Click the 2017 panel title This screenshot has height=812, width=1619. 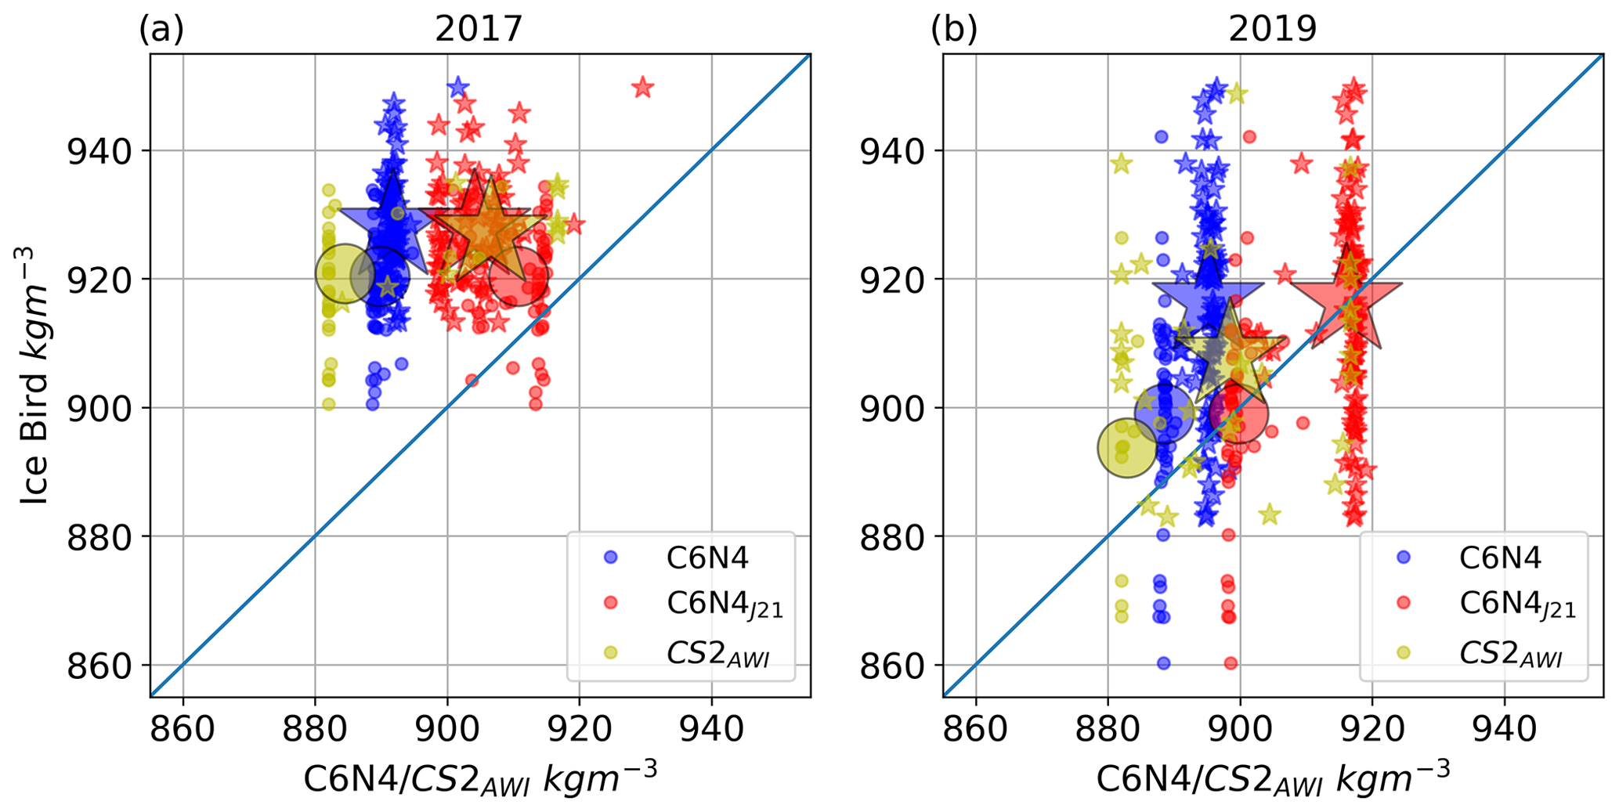click(479, 30)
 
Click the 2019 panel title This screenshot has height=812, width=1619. click(1272, 30)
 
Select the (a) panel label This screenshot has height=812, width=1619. click(161, 30)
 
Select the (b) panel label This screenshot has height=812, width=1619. click(953, 30)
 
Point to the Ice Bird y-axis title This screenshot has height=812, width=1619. click(33, 376)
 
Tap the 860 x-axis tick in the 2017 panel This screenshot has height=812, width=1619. click(182, 730)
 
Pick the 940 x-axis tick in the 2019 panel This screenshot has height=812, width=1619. click(1504, 730)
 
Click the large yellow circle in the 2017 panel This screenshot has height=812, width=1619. click(345, 273)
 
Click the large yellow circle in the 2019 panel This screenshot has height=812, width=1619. click(1127, 448)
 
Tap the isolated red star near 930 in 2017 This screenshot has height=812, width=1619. click(642, 87)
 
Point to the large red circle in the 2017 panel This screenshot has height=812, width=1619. click(518, 276)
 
